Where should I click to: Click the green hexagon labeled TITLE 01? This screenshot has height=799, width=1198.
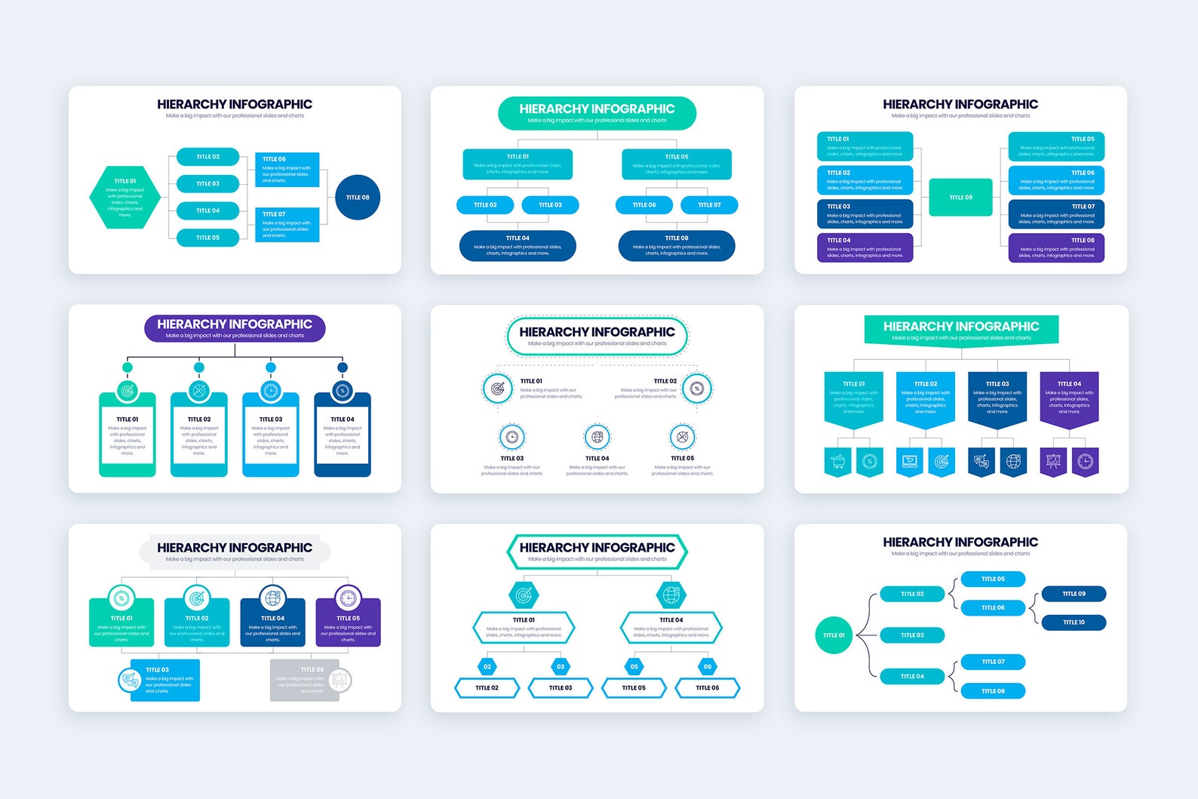(x=125, y=198)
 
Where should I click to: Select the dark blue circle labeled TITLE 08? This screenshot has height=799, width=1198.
(x=358, y=198)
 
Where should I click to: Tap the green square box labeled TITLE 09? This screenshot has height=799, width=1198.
(x=960, y=198)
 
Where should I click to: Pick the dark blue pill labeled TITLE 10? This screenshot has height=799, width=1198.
(x=1074, y=622)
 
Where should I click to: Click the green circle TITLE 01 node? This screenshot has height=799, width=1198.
(x=834, y=635)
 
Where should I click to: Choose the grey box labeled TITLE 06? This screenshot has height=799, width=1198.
(x=306, y=680)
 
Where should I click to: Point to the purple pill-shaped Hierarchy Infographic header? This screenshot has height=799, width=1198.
(x=235, y=328)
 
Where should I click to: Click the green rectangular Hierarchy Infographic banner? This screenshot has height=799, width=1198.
(x=961, y=330)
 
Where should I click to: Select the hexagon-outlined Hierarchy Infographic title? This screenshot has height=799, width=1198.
(x=597, y=552)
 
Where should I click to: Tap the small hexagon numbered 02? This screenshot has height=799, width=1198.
(x=487, y=667)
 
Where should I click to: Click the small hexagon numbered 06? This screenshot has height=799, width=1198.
(x=708, y=667)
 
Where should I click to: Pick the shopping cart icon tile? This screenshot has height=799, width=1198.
(x=837, y=461)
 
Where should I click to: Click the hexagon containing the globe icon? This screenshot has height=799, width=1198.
(x=671, y=595)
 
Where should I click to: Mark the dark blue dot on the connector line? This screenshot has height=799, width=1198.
(x=343, y=367)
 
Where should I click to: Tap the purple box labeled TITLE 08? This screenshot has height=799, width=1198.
(x=1056, y=247)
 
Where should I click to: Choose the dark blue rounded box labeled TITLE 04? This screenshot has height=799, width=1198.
(x=518, y=246)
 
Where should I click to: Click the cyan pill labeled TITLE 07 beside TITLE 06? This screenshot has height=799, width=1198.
(x=709, y=205)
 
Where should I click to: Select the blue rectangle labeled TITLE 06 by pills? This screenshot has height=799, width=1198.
(x=287, y=170)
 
